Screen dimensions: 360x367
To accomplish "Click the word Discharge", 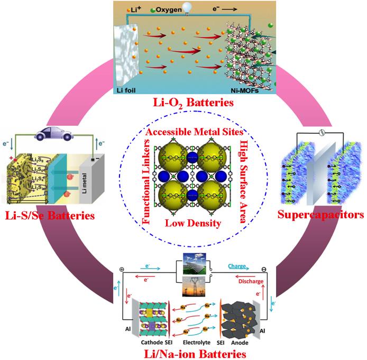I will click(251, 281).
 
